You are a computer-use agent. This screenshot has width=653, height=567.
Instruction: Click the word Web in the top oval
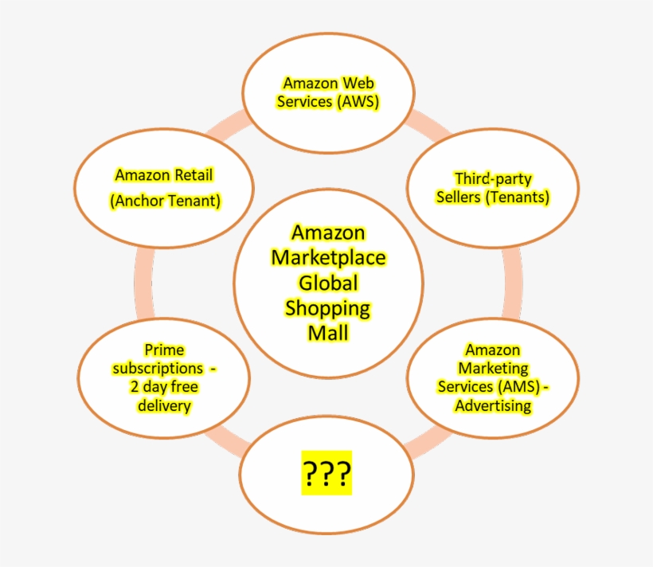[358, 83]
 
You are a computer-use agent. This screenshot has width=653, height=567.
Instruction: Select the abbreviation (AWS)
[358, 101]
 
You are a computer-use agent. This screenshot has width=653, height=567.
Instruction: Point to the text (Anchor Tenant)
[165, 201]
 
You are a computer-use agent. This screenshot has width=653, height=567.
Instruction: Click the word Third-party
[493, 178]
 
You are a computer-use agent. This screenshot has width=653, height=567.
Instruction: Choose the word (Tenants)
[518, 197]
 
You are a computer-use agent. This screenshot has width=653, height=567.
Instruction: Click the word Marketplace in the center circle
[328, 257]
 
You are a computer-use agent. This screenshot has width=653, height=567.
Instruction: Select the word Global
[328, 283]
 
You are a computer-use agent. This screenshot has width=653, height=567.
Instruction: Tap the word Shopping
[328, 309]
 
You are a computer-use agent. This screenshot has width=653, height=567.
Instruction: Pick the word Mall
[328, 334]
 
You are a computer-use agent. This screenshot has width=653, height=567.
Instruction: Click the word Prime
[164, 350]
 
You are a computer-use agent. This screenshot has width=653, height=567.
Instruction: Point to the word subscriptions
[158, 368]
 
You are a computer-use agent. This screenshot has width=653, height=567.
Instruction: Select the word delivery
[164, 405]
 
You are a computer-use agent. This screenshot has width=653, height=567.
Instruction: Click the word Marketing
[493, 368]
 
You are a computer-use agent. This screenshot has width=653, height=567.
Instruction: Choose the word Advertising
[493, 405]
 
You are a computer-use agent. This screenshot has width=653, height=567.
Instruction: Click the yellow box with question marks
[327, 473]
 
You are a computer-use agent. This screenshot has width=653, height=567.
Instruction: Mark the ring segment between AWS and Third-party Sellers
[429, 124]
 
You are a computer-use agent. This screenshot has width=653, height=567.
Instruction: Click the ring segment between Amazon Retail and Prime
[144, 283]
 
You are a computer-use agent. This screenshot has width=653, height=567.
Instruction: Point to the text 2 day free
[164, 387]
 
